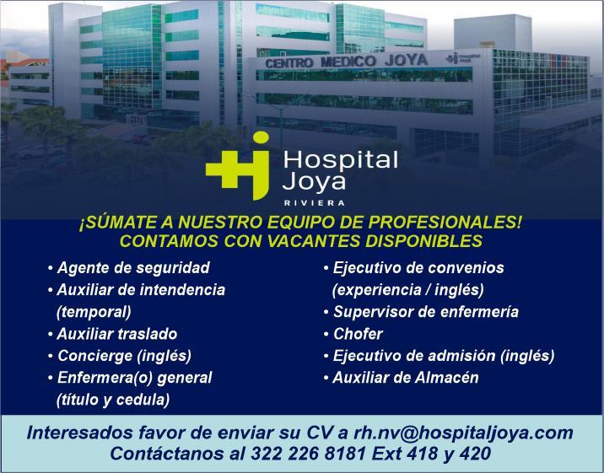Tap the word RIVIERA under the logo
pyautogui.click(x=314, y=203)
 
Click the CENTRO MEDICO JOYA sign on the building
pyautogui.click(x=347, y=61)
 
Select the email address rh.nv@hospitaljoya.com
pyautogui.click(x=463, y=433)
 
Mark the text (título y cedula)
pyautogui.click(x=113, y=400)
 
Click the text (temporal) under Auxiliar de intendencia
pyautogui.click(x=94, y=312)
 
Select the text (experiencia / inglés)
pyautogui.click(x=408, y=290)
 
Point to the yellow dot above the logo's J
pyautogui.click(x=261, y=137)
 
